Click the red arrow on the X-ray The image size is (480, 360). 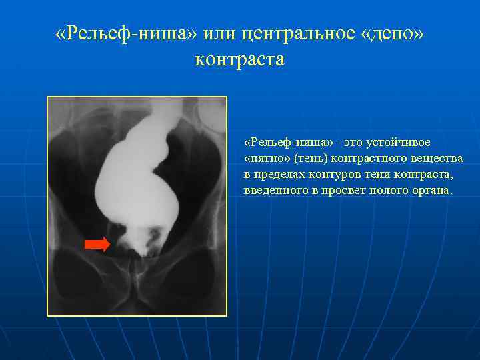click(97, 245)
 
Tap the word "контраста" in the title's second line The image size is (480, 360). click(239, 59)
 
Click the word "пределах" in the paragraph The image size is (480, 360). click(281, 175)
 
